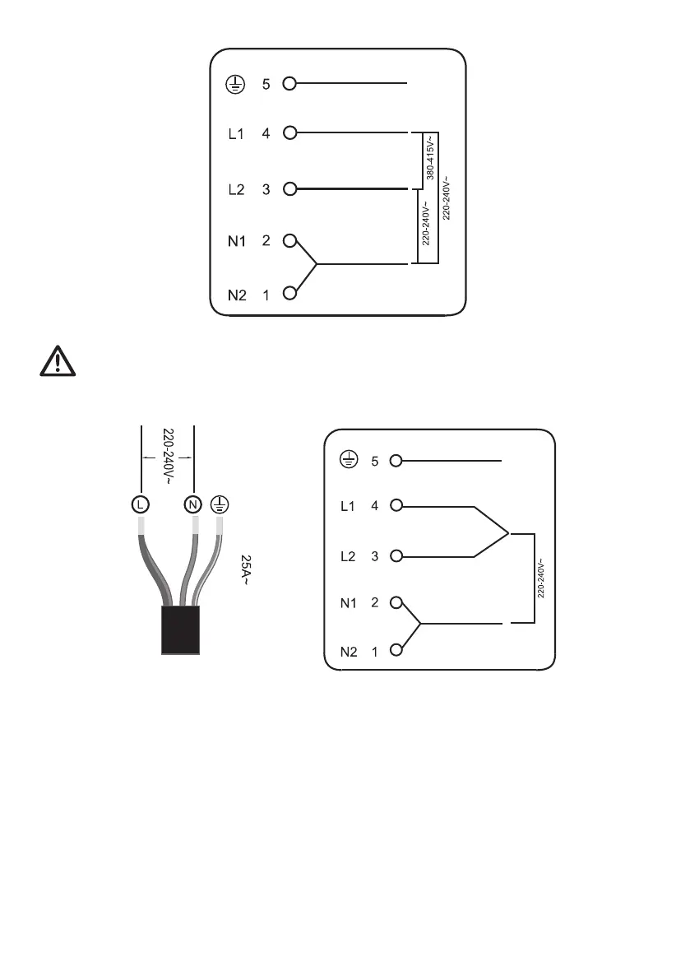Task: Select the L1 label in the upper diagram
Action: coord(235,132)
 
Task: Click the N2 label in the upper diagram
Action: coord(236,295)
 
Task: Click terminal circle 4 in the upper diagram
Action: coord(289,132)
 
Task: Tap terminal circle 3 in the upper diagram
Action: coord(289,189)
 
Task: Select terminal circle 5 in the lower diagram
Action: coord(396,461)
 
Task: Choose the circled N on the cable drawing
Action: coord(192,504)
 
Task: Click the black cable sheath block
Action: coord(180,630)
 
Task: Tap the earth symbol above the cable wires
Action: coord(220,503)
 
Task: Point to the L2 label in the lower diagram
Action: coord(349,556)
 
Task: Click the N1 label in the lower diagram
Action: coord(349,603)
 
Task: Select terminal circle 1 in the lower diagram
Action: coord(396,651)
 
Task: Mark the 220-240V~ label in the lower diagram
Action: coord(540,580)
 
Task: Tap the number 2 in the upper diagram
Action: coord(266,241)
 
